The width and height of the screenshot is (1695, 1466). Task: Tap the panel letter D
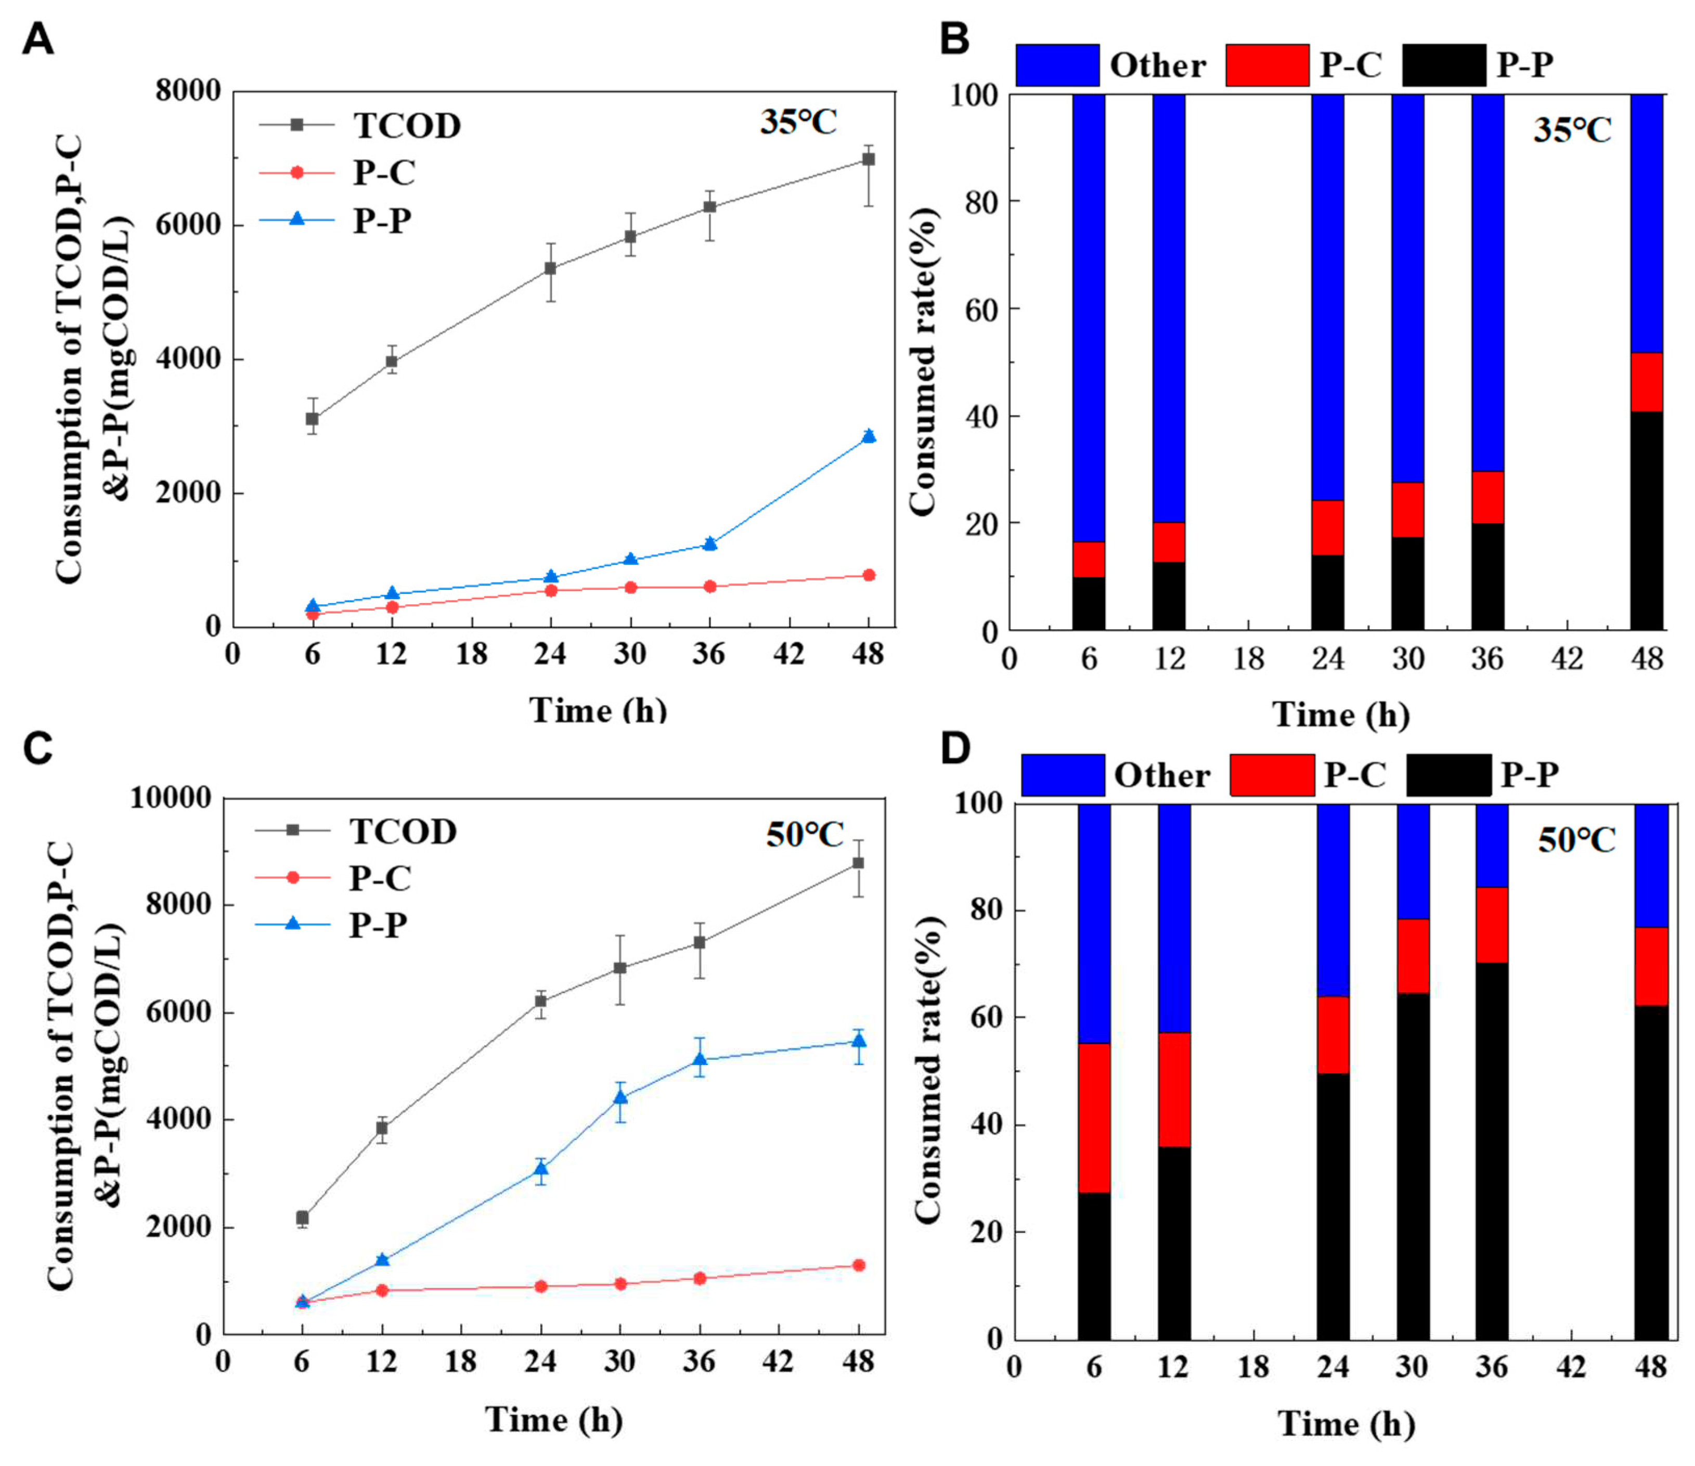click(x=955, y=748)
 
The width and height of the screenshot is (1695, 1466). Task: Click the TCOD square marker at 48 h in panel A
click(x=868, y=160)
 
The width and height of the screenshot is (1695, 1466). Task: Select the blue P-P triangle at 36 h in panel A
click(x=709, y=544)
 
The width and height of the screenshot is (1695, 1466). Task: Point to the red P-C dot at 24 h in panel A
click(x=551, y=590)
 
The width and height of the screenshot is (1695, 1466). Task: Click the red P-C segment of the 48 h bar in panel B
click(x=1646, y=382)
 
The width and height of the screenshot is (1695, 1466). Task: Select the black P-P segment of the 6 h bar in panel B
click(x=1088, y=603)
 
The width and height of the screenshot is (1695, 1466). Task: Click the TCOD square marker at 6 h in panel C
click(x=302, y=1217)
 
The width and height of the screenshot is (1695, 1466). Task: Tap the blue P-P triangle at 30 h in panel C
click(x=620, y=1097)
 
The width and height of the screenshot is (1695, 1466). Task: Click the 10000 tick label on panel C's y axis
click(x=170, y=798)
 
